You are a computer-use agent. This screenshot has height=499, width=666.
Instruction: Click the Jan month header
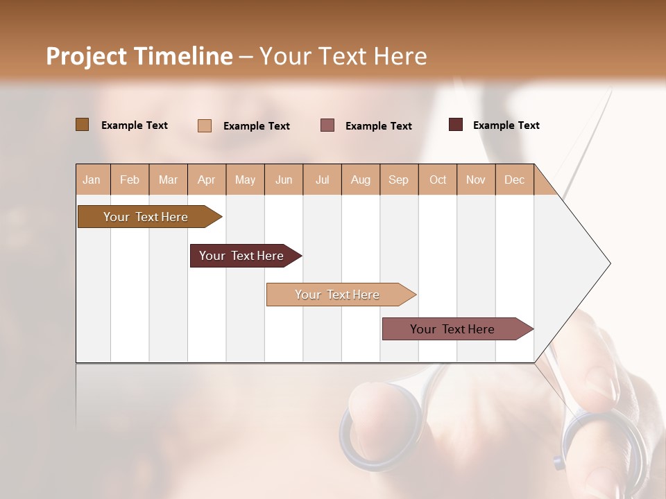point(92,180)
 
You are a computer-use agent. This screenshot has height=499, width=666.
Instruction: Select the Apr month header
point(207,180)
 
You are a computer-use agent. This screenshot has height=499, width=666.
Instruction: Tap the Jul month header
point(322,180)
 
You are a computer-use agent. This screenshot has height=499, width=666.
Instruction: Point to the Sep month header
point(398,180)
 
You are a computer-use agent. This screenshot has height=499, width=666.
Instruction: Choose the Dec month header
point(514,180)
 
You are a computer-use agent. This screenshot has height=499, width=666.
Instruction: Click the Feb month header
point(130,180)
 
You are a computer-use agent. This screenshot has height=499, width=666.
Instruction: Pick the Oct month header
point(438,180)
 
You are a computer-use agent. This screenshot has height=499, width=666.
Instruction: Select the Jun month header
point(284,180)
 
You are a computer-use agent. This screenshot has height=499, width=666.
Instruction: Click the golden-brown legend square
point(82,125)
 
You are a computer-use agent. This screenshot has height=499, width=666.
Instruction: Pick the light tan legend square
point(205,125)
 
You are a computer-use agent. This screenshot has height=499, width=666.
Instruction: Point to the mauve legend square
point(327,125)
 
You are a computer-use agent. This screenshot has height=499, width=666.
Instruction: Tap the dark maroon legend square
point(455,125)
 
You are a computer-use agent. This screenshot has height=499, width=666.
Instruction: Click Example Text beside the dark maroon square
point(506,125)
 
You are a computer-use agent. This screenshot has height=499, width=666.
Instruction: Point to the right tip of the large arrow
point(609,263)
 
